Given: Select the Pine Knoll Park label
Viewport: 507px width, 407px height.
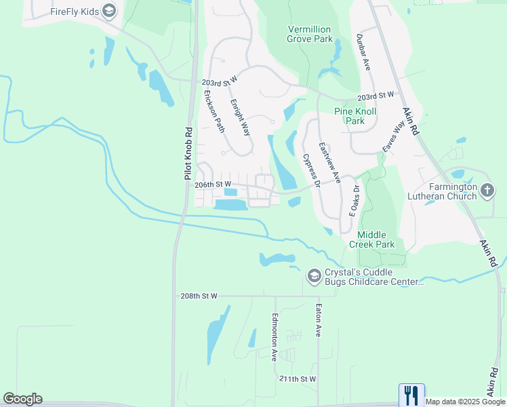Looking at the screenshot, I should [355, 116].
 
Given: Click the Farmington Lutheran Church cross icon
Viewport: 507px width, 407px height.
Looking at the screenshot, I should [487, 192].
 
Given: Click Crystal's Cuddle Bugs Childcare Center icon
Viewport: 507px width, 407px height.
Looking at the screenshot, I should [314, 275].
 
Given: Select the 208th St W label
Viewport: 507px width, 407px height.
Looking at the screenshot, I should [199, 296].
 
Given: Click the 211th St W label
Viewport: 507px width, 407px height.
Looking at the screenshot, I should [298, 378].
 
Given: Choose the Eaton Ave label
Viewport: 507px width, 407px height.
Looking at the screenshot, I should [317, 320].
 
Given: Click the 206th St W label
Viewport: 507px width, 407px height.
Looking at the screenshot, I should [213, 184].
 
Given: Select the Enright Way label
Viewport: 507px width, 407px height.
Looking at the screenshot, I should [241, 117].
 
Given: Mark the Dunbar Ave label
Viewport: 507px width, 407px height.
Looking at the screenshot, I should [363, 53].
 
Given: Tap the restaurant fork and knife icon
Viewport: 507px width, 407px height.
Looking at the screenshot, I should [411, 394].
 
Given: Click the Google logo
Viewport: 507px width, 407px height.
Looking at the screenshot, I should [22, 399].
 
